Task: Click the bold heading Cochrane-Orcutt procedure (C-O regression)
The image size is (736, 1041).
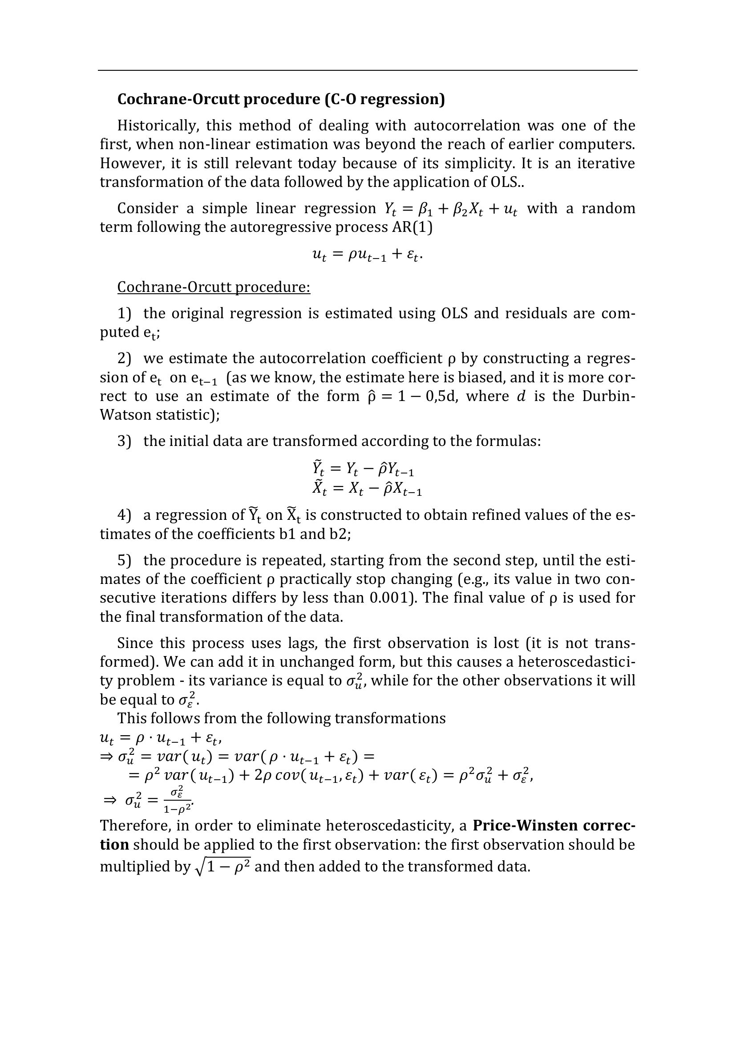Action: [x=281, y=99]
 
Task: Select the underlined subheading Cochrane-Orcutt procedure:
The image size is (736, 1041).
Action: [x=214, y=287]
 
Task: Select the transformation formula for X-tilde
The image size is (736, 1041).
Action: [x=367, y=489]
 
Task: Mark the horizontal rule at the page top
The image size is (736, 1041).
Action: [x=367, y=70]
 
